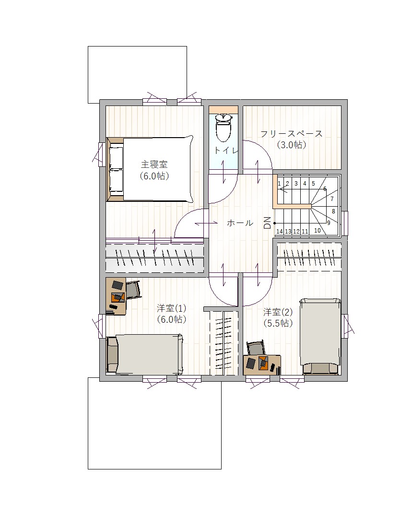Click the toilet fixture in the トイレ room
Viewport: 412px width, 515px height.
[x=224, y=128]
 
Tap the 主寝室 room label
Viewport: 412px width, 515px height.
[x=154, y=164]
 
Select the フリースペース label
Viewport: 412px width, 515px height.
[x=292, y=134]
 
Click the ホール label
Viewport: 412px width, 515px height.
[x=240, y=223]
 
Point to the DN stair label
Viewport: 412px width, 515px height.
[x=267, y=222]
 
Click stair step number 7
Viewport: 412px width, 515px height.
[x=332, y=199]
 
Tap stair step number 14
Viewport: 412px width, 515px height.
[x=279, y=231]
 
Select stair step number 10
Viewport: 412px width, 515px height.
[x=318, y=231]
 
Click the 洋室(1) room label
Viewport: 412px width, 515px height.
[x=172, y=308]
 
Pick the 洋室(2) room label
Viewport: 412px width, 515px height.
[x=278, y=312]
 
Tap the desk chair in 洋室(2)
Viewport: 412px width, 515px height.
[x=256, y=348]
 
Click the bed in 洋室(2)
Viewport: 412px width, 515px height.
[x=320, y=336]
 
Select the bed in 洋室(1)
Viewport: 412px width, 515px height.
[x=144, y=354]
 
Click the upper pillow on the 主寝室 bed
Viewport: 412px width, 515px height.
[x=116, y=158]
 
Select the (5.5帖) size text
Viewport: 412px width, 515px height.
[x=278, y=323]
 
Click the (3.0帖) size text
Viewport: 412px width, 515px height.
[x=292, y=144]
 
